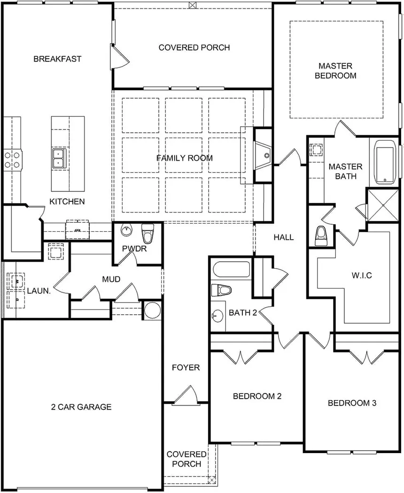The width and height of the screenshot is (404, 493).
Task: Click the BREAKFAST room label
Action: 57,59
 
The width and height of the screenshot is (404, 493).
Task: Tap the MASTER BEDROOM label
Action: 335,71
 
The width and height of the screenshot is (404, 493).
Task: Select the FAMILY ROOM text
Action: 185,158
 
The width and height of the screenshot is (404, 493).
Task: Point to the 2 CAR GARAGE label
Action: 81,407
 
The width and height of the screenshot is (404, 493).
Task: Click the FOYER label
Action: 186,367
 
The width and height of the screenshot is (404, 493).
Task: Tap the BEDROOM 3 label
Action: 352,403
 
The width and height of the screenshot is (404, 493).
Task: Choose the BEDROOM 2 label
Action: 257,396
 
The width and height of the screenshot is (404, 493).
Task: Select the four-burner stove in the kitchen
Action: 13,158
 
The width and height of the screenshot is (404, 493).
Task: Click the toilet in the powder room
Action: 148,233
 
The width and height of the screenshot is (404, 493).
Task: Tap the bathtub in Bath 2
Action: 232,270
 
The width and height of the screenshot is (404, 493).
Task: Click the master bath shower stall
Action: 383,205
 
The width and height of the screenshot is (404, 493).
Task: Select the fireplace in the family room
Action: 264,155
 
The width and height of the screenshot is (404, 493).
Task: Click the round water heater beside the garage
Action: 152,311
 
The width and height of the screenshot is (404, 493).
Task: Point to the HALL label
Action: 284,237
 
